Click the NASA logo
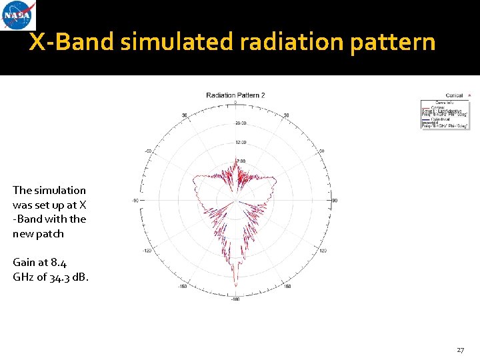[x=19, y=15]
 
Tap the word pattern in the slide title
[x=397, y=43]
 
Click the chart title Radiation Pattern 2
[x=235, y=95]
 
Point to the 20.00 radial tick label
[x=241, y=123]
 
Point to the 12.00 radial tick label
[x=241, y=142]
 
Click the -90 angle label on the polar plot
[x=135, y=200]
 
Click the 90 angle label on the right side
[x=335, y=200]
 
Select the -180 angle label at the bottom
[x=235, y=299]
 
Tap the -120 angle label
[x=148, y=251]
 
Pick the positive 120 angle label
[x=323, y=251]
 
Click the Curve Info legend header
[x=445, y=102]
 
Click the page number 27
[x=460, y=349]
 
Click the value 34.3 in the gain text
[x=55, y=277]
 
